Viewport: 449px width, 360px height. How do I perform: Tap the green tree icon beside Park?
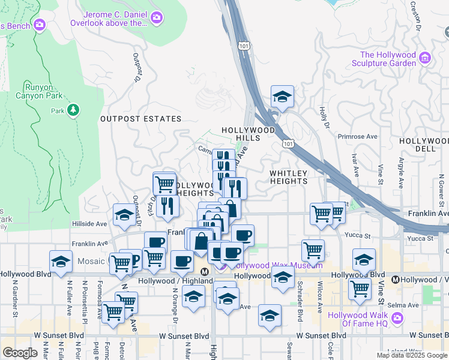[x=73, y=110]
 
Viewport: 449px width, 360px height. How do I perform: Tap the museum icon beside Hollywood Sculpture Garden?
[x=425, y=58]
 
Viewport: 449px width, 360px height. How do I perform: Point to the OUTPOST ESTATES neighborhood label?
[x=140, y=119]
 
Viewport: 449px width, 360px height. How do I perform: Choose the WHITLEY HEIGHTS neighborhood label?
[x=288, y=177]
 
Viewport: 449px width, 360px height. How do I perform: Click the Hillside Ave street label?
[x=90, y=223]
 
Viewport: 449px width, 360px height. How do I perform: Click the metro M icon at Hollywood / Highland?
[x=205, y=271]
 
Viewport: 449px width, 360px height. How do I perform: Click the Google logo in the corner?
[x=20, y=353]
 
